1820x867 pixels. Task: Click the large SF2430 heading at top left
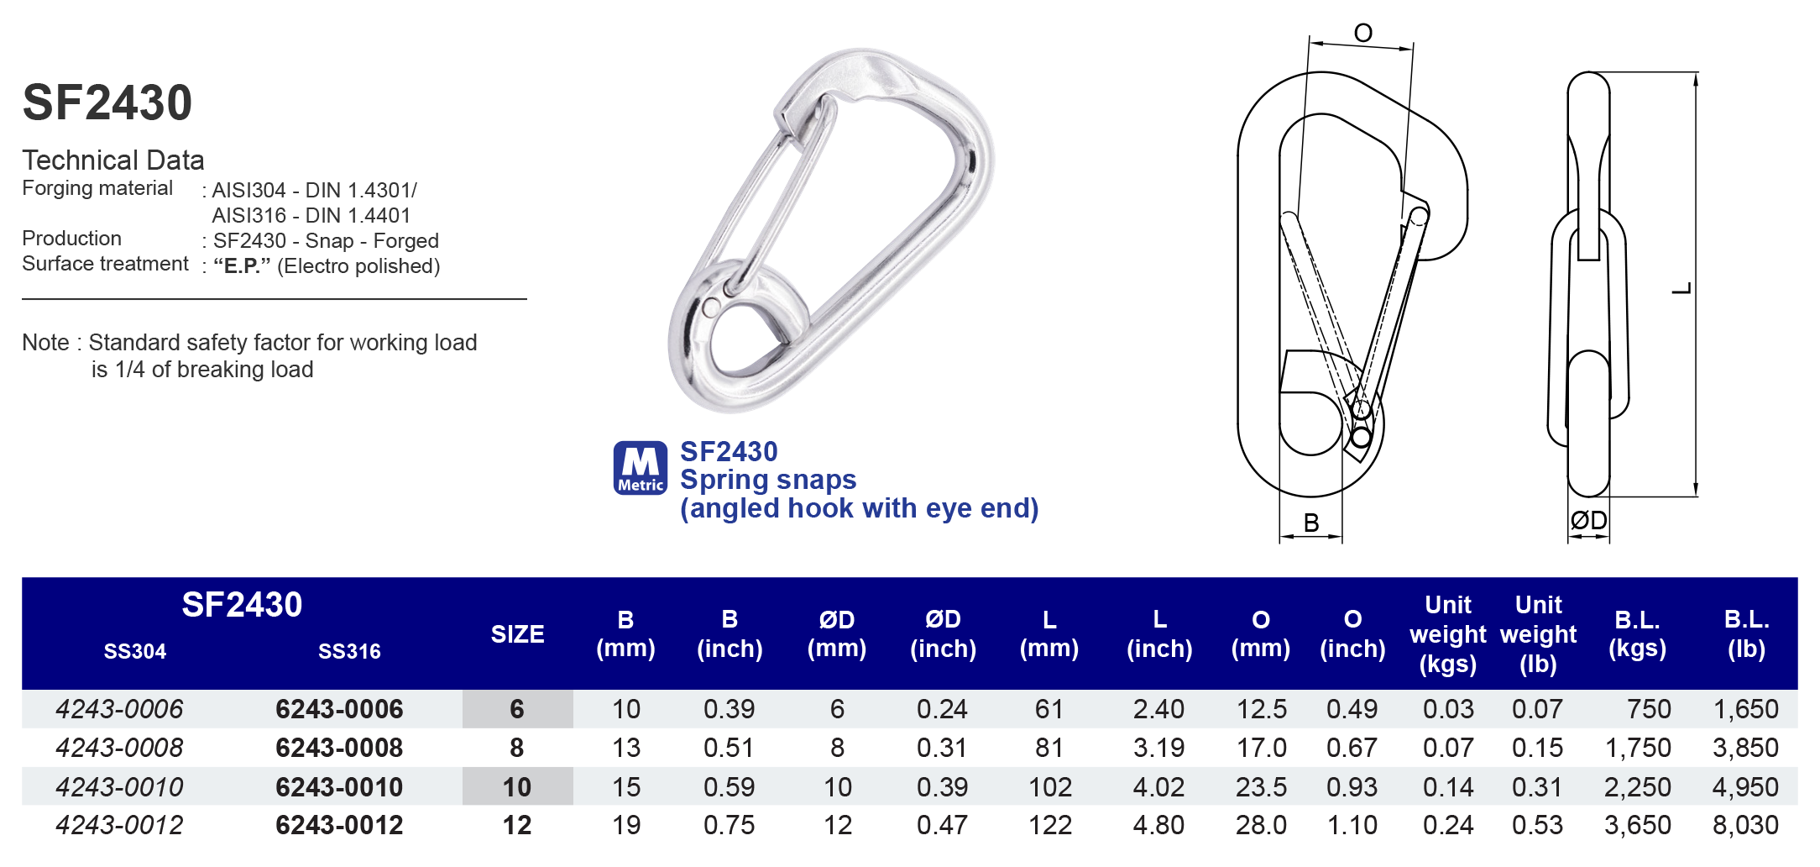pos(107,102)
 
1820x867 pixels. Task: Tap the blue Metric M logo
pos(640,468)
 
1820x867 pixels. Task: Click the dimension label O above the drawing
pos(1362,34)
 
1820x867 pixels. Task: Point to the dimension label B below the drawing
pos(1311,523)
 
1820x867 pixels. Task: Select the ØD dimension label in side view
pos(1588,521)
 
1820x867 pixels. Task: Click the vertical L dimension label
pos(1681,288)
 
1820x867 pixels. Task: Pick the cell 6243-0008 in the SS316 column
pos(339,748)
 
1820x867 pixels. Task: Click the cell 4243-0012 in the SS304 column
pos(119,825)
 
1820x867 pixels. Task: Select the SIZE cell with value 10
pos(517,787)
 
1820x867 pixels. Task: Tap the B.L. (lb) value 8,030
pos(1745,825)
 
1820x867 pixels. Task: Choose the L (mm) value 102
pos(1049,787)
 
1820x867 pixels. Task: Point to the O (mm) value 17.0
pos(1261,748)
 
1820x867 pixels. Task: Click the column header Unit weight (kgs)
pos(1447,634)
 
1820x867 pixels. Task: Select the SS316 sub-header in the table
pos(349,651)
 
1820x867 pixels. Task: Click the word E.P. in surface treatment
pos(242,266)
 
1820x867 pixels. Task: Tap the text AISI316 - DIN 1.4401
pos(311,216)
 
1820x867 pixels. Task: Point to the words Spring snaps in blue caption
pos(767,480)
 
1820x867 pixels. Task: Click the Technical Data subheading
pos(113,160)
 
